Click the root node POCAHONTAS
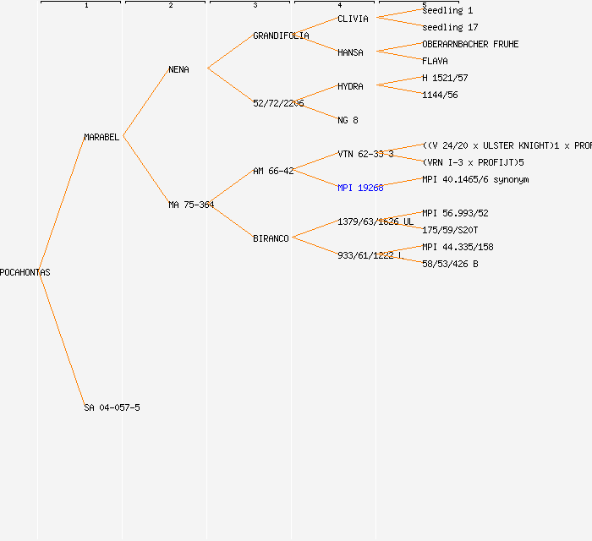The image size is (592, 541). [x=25, y=272]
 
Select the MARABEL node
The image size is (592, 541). [x=101, y=137]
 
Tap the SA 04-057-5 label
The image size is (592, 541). [x=112, y=407]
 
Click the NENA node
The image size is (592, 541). [x=178, y=69]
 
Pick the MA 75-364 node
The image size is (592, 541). [x=191, y=205]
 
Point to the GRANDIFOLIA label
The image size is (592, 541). [x=281, y=36]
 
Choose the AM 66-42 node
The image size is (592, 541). [x=273, y=171]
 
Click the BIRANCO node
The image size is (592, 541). [x=271, y=238]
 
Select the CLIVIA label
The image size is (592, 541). [x=353, y=19]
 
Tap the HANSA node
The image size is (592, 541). [x=350, y=52]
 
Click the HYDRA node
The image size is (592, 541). [x=350, y=86]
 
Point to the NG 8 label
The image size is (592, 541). [x=348, y=120]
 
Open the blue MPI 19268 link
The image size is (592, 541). [x=360, y=188]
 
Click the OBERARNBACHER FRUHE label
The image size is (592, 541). [x=470, y=44]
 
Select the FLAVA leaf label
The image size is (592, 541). [x=435, y=61]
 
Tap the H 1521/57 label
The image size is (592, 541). [x=445, y=78]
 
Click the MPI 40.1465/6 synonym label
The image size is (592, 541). [x=475, y=179]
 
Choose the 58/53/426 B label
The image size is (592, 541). [x=450, y=264]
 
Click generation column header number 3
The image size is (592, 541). [x=255, y=6]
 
